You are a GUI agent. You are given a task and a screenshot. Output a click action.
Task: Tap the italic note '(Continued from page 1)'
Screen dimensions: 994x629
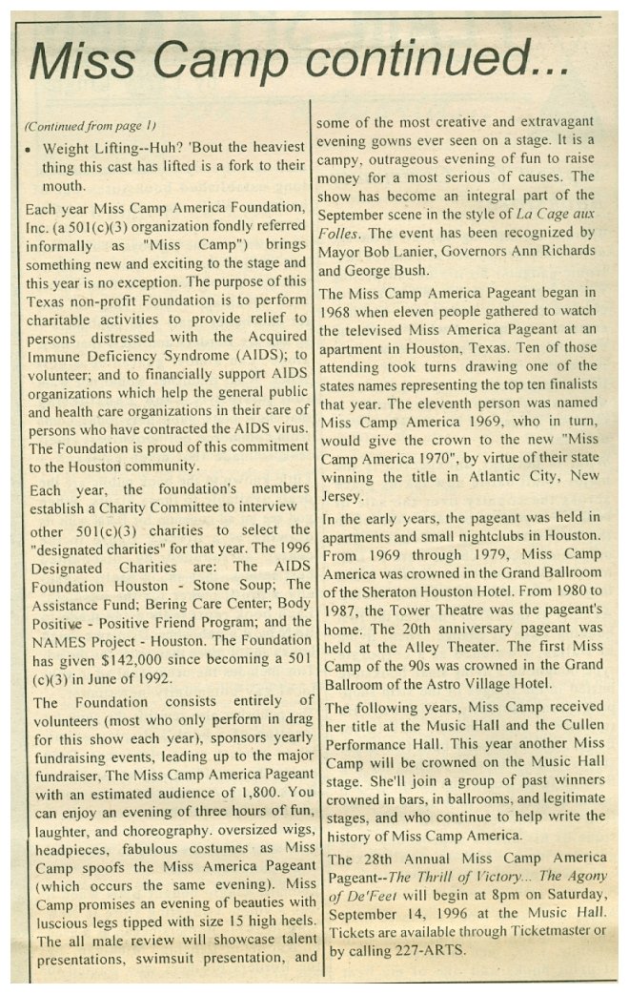click(90, 126)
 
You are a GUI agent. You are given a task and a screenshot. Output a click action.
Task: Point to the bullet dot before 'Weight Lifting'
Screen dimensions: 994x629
click(30, 151)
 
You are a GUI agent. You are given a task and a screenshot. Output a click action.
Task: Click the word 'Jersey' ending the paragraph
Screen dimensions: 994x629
click(346, 495)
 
